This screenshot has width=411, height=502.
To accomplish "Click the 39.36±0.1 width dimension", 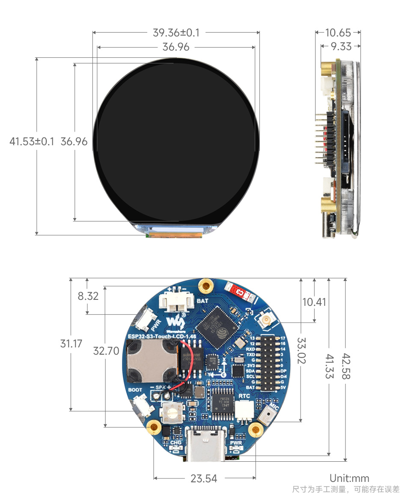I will click(176, 33).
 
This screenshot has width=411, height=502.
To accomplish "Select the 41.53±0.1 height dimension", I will click(32, 141).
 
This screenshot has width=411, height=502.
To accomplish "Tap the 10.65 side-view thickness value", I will click(338, 33).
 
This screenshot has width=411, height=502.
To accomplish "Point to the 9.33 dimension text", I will click(341, 46).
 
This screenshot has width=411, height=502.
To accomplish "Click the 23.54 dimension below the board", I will click(204, 478).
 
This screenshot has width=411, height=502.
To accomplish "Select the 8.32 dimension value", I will click(88, 296).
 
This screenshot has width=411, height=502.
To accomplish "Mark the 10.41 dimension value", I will click(314, 302).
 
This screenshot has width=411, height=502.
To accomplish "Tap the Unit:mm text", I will click(349, 478).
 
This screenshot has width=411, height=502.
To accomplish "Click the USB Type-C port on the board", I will click(205, 445).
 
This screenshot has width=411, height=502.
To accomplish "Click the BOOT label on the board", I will click(135, 390).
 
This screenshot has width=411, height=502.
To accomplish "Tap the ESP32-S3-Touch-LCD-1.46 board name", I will click(162, 336).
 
